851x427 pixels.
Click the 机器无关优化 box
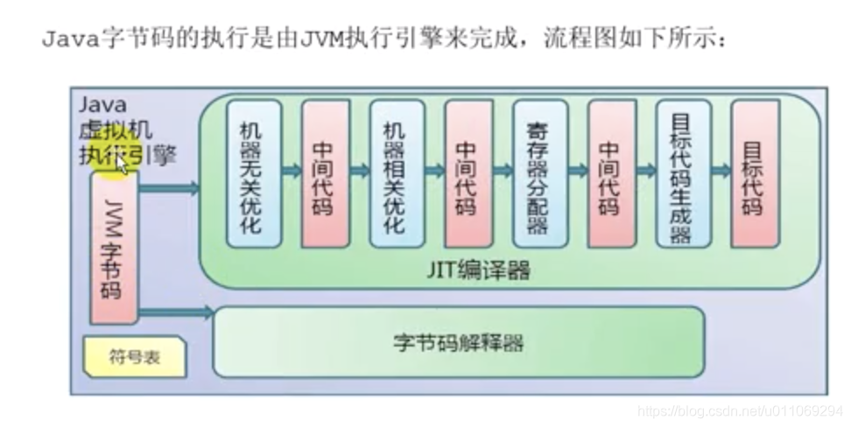(x=254, y=172)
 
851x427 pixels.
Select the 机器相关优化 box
(x=397, y=172)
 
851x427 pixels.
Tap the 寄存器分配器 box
(x=539, y=172)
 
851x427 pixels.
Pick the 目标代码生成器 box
(x=682, y=172)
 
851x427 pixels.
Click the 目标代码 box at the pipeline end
(x=754, y=172)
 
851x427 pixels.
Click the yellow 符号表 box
(x=134, y=358)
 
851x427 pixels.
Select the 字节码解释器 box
(x=459, y=342)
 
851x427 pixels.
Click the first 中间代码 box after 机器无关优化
(x=326, y=172)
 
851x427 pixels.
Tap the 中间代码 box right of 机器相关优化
(x=468, y=172)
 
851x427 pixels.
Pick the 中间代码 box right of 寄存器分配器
(x=611, y=172)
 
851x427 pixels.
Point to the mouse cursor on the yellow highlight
(x=122, y=164)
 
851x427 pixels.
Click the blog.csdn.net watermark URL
(x=740, y=410)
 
